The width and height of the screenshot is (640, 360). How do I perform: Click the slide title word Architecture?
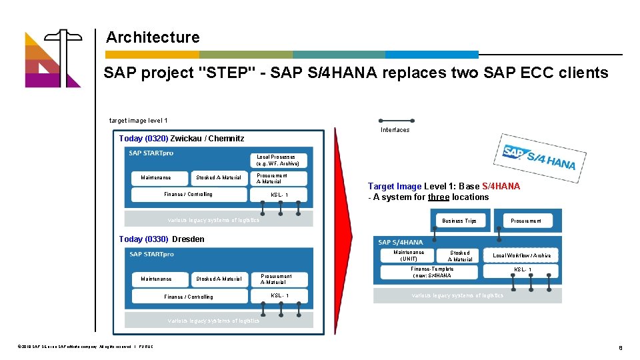click(152, 38)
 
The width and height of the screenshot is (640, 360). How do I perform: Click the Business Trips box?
click(459, 221)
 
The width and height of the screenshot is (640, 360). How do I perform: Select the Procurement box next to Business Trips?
click(526, 221)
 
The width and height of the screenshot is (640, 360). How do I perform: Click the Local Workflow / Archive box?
click(521, 255)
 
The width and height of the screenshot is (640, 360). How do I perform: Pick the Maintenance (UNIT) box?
click(409, 255)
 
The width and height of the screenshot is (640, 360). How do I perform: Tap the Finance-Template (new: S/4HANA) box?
click(432, 272)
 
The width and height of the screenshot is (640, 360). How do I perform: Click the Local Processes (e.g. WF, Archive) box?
click(278, 161)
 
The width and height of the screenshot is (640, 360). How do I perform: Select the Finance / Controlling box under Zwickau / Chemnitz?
click(188, 195)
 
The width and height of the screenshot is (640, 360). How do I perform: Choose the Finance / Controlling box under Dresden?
click(189, 297)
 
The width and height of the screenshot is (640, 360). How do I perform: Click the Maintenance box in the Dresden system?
click(156, 279)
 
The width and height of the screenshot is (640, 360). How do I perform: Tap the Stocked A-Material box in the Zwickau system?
click(219, 178)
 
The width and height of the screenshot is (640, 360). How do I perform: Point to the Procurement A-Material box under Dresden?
click(276, 279)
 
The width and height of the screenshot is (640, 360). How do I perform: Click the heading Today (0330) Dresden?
click(162, 239)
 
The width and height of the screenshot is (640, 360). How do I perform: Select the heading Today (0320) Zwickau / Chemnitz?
click(181, 139)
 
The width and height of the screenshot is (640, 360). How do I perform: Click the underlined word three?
click(439, 197)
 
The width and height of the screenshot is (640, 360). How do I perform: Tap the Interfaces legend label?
click(395, 130)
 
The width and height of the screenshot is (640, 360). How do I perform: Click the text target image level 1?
click(139, 121)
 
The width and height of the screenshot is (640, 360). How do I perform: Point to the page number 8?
click(620, 347)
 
